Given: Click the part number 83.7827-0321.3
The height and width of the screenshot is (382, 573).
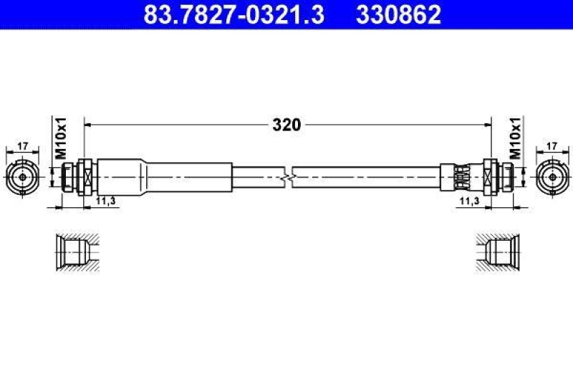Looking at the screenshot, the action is pyautogui.click(x=234, y=14).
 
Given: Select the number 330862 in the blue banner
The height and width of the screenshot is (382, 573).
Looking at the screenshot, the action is pyautogui.click(x=399, y=14).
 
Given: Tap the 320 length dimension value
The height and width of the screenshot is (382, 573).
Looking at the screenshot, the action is pyautogui.click(x=287, y=125).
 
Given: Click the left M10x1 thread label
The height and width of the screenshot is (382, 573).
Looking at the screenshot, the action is pyautogui.click(x=61, y=138).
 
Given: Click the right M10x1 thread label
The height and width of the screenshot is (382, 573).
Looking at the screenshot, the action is pyautogui.click(x=515, y=138).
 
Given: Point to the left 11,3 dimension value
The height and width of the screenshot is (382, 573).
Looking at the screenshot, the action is pyautogui.click(x=105, y=201).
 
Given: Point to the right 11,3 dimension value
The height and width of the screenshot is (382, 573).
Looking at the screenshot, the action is pyautogui.click(x=470, y=201).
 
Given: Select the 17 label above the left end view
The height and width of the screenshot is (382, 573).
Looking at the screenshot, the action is pyautogui.click(x=23, y=146).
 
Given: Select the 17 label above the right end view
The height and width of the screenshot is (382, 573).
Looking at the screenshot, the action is pyautogui.click(x=552, y=146).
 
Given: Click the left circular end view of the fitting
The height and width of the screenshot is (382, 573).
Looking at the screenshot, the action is pyautogui.click(x=23, y=177).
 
